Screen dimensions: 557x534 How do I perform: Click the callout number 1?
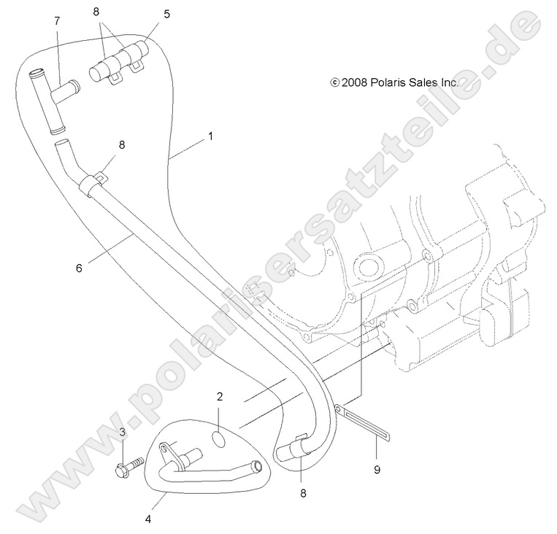pyautogui.click(x=211, y=136)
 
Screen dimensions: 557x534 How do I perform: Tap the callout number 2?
pyautogui.click(x=220, y=397)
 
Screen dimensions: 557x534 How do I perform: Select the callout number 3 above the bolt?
pyautogui.click(x=122, y=433)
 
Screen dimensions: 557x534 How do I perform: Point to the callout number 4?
pyautogui.click(x=148, y=519)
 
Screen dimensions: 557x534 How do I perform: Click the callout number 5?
pyautogui.click(x=166, y=14)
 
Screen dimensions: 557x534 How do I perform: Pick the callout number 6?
pyautogui.click(x=79, y=268)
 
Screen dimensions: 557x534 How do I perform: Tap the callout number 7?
pyautogui.click(x=57, y=21)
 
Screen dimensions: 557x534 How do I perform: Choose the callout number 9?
pyautogui.click(x=377, y=470)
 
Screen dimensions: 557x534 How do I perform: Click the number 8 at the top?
pyautogui.click(x=96, y=12)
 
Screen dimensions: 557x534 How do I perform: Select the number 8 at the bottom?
pyautogui.click(x=303, y=494)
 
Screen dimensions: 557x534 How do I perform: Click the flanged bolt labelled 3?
pyautogui.click(x=129, y=466)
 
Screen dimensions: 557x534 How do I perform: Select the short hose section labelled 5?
pyautogui.click(x=119, y=61)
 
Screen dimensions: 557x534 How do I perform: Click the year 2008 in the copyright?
pyautogui.click(x=354, y=82)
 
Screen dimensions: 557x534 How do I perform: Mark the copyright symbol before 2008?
pyautogui.click(x=334, y=82)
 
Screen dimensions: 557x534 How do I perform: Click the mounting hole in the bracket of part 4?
pyautogui.click(x=164, y=450)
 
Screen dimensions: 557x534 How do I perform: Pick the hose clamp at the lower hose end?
pyautogui.click(x=299, y=445)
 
